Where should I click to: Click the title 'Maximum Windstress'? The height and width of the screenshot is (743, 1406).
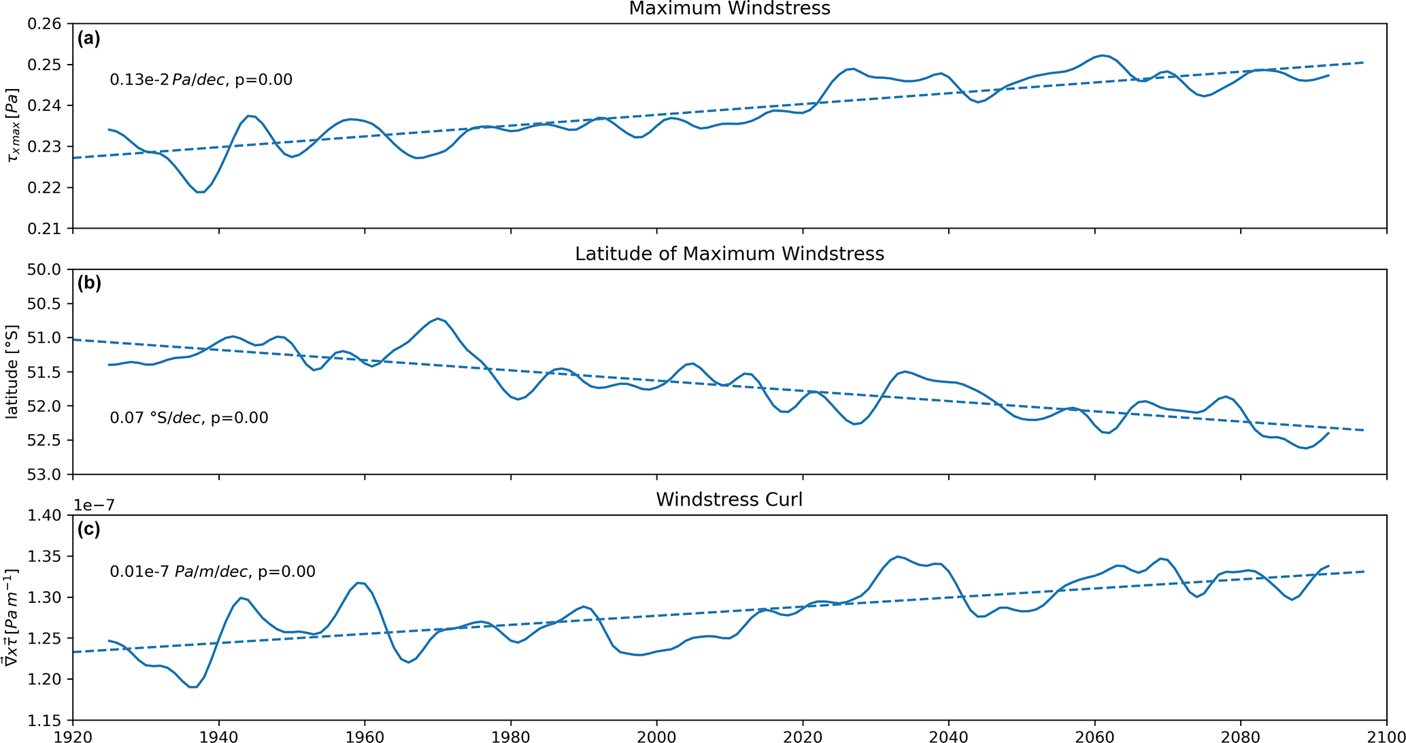729,9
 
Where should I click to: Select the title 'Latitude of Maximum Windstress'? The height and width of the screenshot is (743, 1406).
729,254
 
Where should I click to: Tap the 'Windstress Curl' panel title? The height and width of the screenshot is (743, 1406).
729,499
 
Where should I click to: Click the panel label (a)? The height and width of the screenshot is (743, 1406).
88,39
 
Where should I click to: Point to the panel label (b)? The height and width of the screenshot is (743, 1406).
88,284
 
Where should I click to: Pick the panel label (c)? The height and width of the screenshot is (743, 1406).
88,529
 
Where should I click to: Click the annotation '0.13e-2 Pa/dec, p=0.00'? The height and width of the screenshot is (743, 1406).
201,80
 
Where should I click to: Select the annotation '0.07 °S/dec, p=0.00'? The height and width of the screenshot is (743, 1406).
189,417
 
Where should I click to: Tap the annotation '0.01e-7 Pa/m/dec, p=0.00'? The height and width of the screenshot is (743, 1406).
212,572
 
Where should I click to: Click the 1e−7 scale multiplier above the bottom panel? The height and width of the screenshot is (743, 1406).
94,505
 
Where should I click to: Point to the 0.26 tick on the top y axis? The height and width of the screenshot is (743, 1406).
44,24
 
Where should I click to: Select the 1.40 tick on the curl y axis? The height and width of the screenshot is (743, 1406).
44,516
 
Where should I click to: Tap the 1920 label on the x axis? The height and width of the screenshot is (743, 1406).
73,736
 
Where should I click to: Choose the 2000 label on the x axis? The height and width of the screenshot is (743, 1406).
656,736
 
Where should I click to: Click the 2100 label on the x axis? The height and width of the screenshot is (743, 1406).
1386,736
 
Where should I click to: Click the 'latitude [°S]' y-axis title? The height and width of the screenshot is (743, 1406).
12,371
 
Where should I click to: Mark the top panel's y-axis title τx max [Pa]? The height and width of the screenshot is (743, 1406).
12,126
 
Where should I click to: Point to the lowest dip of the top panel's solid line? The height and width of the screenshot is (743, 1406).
201,192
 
